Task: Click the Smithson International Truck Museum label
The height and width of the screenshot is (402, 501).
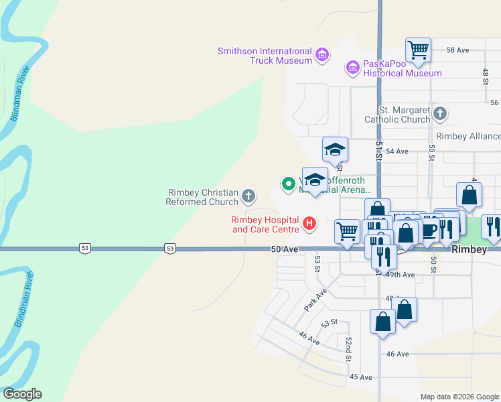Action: click(x=265, y=56)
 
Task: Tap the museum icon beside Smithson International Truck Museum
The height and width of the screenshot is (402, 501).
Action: click(x=322, y=54)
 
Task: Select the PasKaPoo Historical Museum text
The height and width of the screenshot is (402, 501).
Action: click(x=402, y=68)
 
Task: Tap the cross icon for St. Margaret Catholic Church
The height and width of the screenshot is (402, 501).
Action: click(x=440, y=114)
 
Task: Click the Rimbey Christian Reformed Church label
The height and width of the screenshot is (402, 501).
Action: click(x=203, y=197)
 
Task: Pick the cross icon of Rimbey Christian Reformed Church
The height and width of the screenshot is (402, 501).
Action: click(x=248, y=196)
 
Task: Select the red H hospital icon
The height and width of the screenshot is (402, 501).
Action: click(x=309, y=223)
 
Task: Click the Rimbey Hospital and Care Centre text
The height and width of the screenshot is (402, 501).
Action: click(x=265, y=224)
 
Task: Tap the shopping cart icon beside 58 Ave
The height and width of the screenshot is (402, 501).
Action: click(x=418, y=48)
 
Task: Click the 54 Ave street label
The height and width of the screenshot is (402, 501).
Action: click(x=397, y=151)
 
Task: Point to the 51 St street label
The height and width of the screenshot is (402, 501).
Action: click(x=378, y=150)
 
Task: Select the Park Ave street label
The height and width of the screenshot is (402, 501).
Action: click(x=315, y=299)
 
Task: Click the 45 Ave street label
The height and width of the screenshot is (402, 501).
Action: click(x=360, y=377)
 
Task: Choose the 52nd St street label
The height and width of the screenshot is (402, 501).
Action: click(x=349, y=349)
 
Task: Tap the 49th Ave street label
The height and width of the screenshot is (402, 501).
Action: click(x=400, y=275)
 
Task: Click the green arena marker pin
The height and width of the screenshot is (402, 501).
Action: click(x=289, y=183)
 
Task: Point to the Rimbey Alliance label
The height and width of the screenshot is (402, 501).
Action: click(x=468, y=136)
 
